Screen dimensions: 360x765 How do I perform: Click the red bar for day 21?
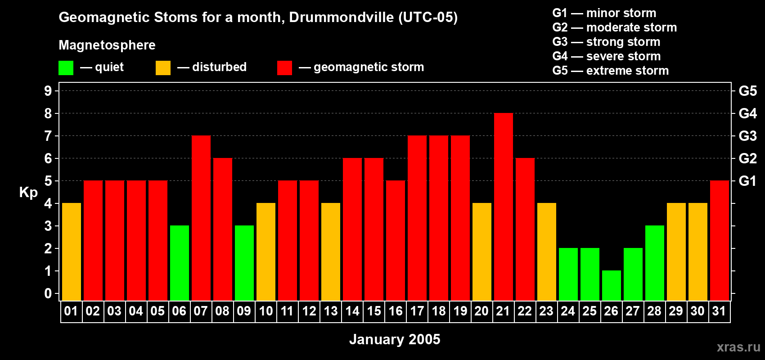pyautogui.click(x=504, y=207)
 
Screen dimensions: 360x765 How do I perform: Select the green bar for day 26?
pyautogui.click(x=612, y=286)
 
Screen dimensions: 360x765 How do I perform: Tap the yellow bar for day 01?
pyautogui.click(x=72, y=252)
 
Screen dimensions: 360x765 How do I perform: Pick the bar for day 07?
pyautogui.click(x=201, y=218)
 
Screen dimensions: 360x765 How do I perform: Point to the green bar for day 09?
pyautogui.click(x=244, y=263)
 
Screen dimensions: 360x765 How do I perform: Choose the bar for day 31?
pyautogui.click(x=720, y=241)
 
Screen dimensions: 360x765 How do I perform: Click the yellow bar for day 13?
pyautogui.click(x=331, y=252)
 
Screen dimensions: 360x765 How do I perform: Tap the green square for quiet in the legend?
pyautogui.click(x=66, y=68)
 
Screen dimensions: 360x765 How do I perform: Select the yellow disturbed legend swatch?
pyautogui.click(x=163, y=68)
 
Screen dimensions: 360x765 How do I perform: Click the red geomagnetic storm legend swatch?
pyautogui.click(x=284, y=68)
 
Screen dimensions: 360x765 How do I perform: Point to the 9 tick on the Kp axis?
pyautogui.click(x=48, y=91)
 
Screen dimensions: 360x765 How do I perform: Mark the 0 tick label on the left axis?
pyautogui.click(x=48, y=294)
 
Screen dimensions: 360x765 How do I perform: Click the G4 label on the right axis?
pyautogui.click(x=747, y=113)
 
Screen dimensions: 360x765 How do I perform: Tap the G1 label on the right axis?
pyautogui.click(x=747, y=181)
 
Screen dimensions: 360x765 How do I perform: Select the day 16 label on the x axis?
pyautogui.click(x=396, y=311)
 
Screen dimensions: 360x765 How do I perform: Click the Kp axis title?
pyautogui.click(x=28, y=193)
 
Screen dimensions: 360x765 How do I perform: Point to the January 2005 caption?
pyautogui.click(x=395, y=339)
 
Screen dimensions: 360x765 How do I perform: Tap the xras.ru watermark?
pyautogui.click(x=738, y=346)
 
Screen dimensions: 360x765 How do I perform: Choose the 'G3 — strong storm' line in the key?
pyautogui.click(x=606, y=42)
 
